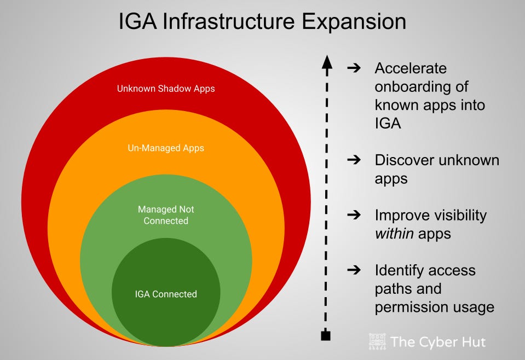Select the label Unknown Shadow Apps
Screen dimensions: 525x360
[x=166, y=88]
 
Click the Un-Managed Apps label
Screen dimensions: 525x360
[x=166, y=148]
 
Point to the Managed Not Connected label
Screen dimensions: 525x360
[x=166, y=215]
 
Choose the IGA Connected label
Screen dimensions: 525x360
[x=166, y=294]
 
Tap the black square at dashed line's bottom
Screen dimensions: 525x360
[x=326, y=335]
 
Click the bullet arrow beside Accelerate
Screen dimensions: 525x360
[x=354, y=68]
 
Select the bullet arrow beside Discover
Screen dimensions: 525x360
[x=354, y=160]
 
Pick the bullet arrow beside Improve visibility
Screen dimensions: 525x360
[x=354, y=215]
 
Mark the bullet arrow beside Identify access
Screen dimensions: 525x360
[x=354, y=270]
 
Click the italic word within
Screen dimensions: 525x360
[x=394, y=234]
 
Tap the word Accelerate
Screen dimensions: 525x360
[x=411, y=68]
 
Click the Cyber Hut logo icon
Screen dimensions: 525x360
[x=377, y=342]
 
